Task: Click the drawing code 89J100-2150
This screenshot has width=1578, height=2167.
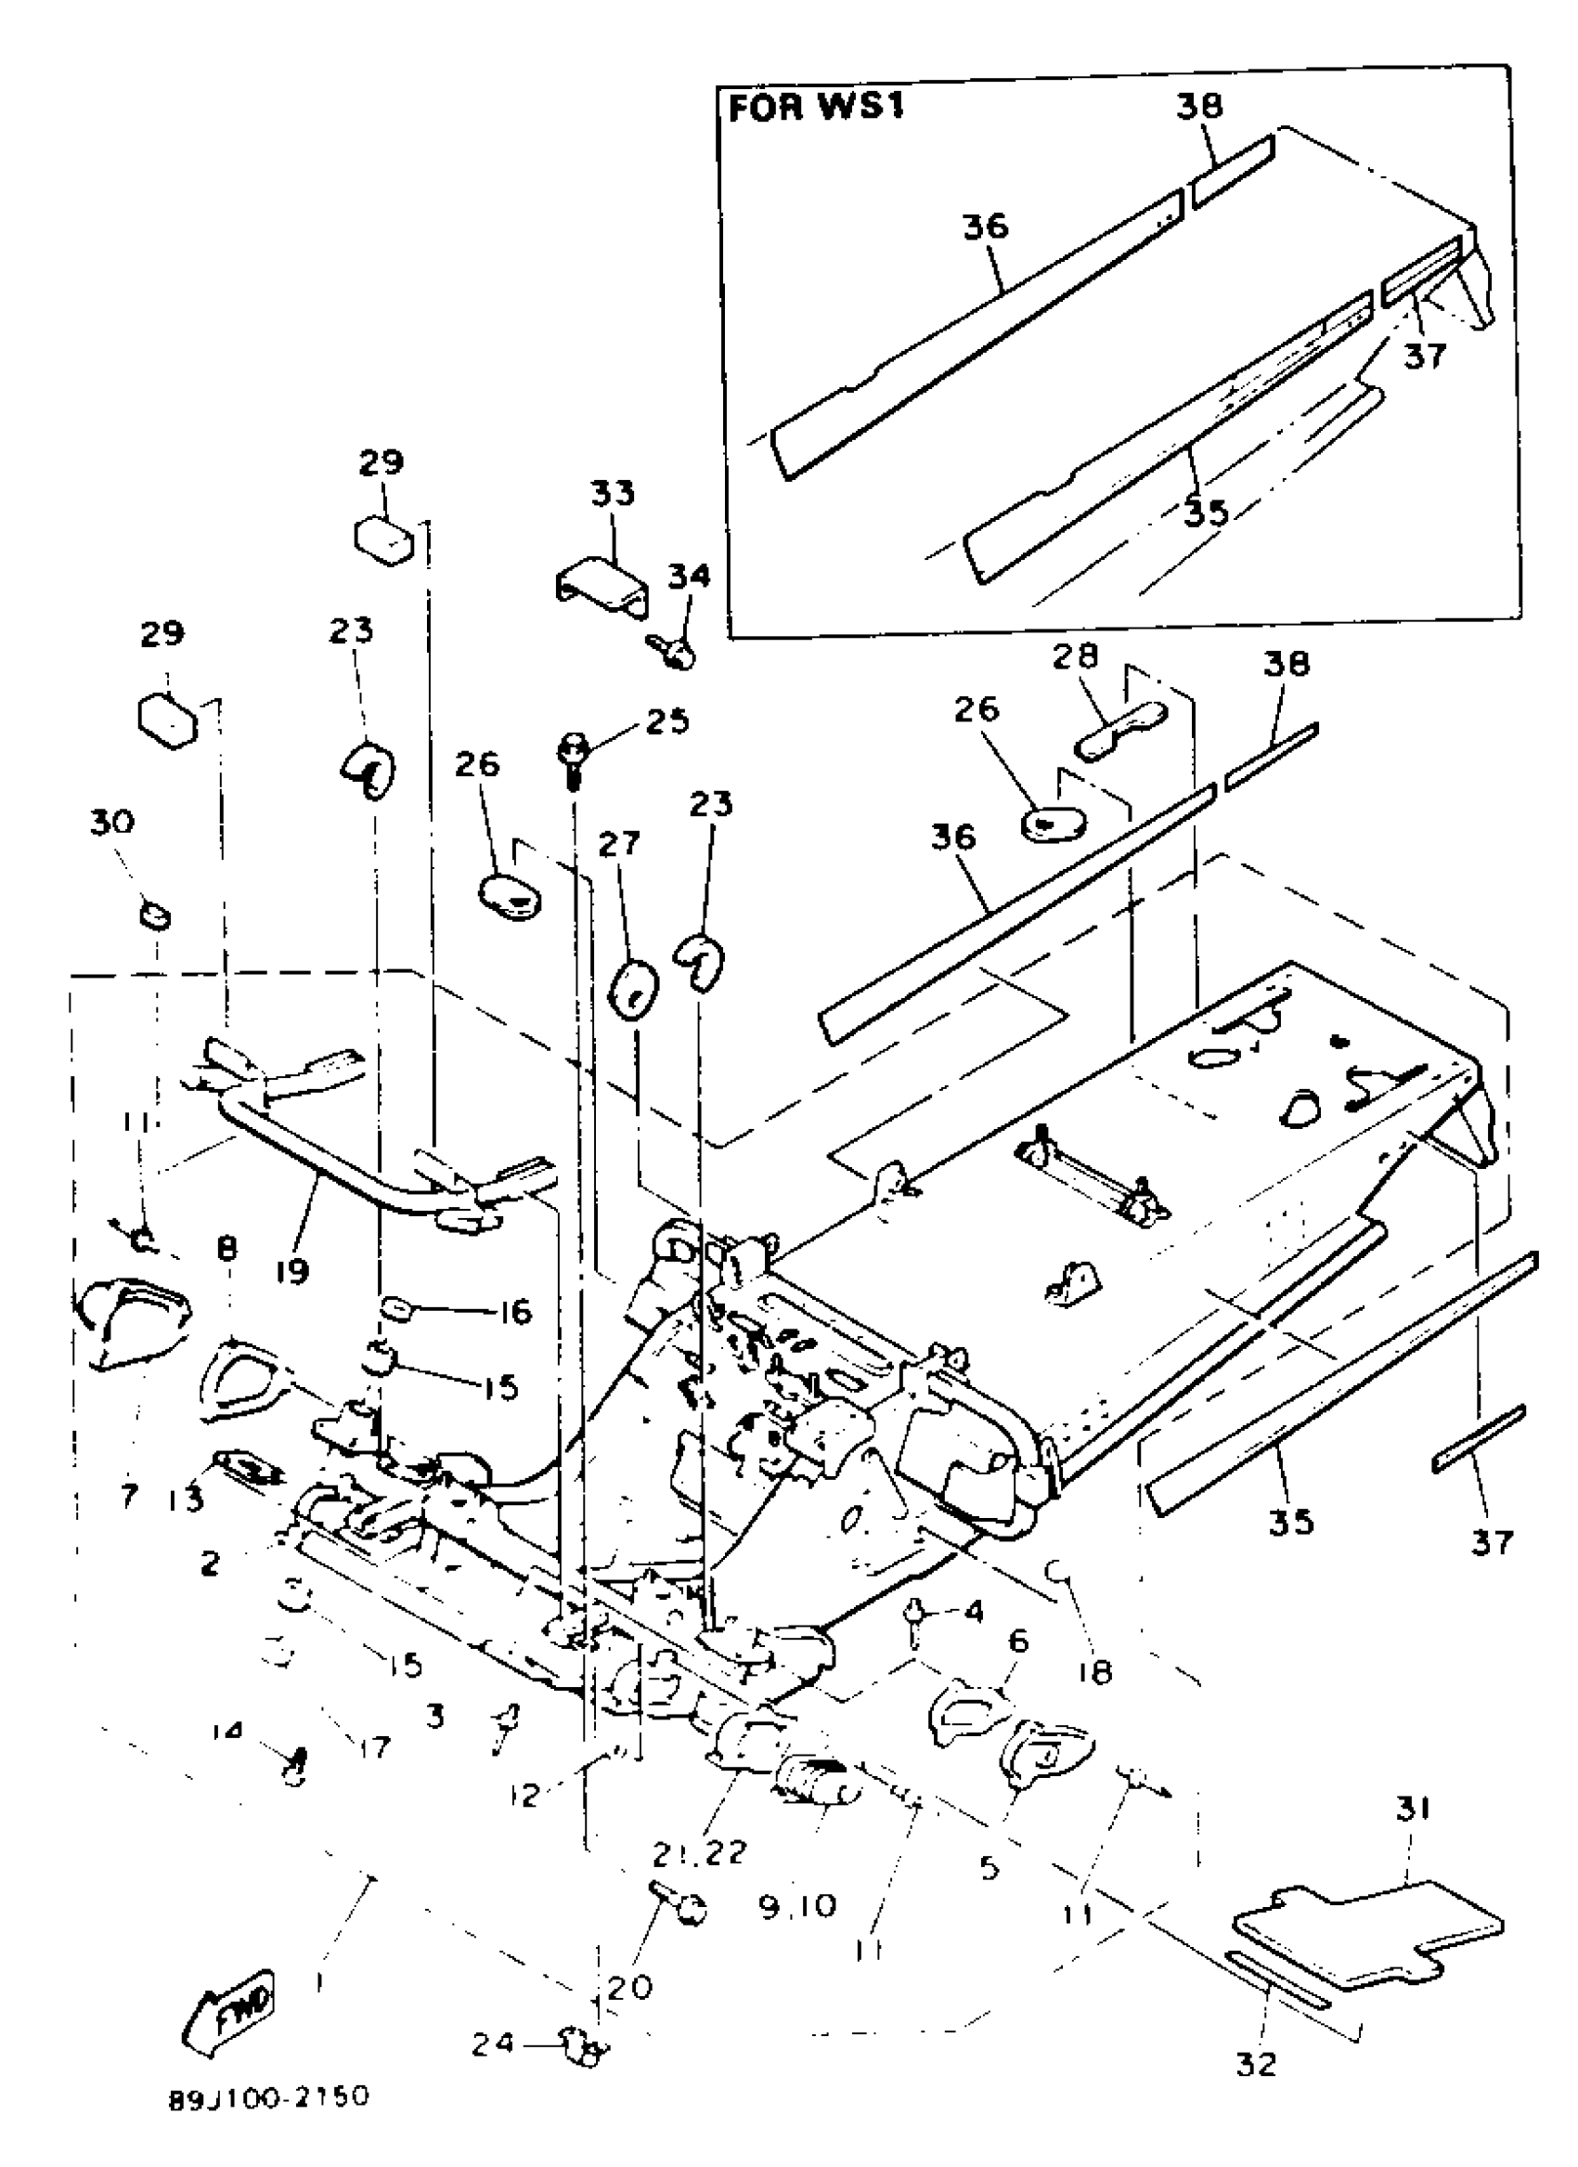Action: coord(268,2100)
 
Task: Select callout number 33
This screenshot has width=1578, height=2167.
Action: coord(613,494)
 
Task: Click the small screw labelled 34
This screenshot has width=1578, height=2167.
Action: coord(678,653)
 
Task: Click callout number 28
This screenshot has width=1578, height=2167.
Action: coord(1075,657)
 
